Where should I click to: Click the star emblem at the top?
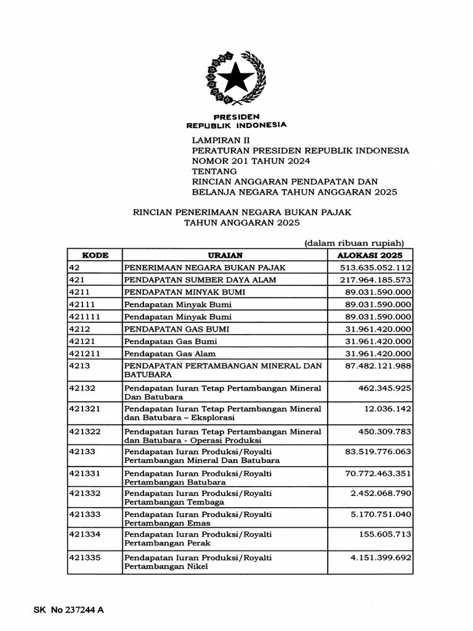tap(236, 79)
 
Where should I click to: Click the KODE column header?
tap(95, 255)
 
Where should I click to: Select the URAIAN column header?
tap(225, 255)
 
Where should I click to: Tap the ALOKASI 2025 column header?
tap(370, 255)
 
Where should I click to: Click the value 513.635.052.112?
tap(375, 267)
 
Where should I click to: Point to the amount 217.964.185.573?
tap(375, 280)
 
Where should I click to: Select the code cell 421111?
tap(85, 317)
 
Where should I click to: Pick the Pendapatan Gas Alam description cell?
tap(170, 354)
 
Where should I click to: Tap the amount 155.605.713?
tap(385, 534)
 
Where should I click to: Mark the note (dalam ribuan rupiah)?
tap(354, 243)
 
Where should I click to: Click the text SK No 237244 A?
tap(68, 610)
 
